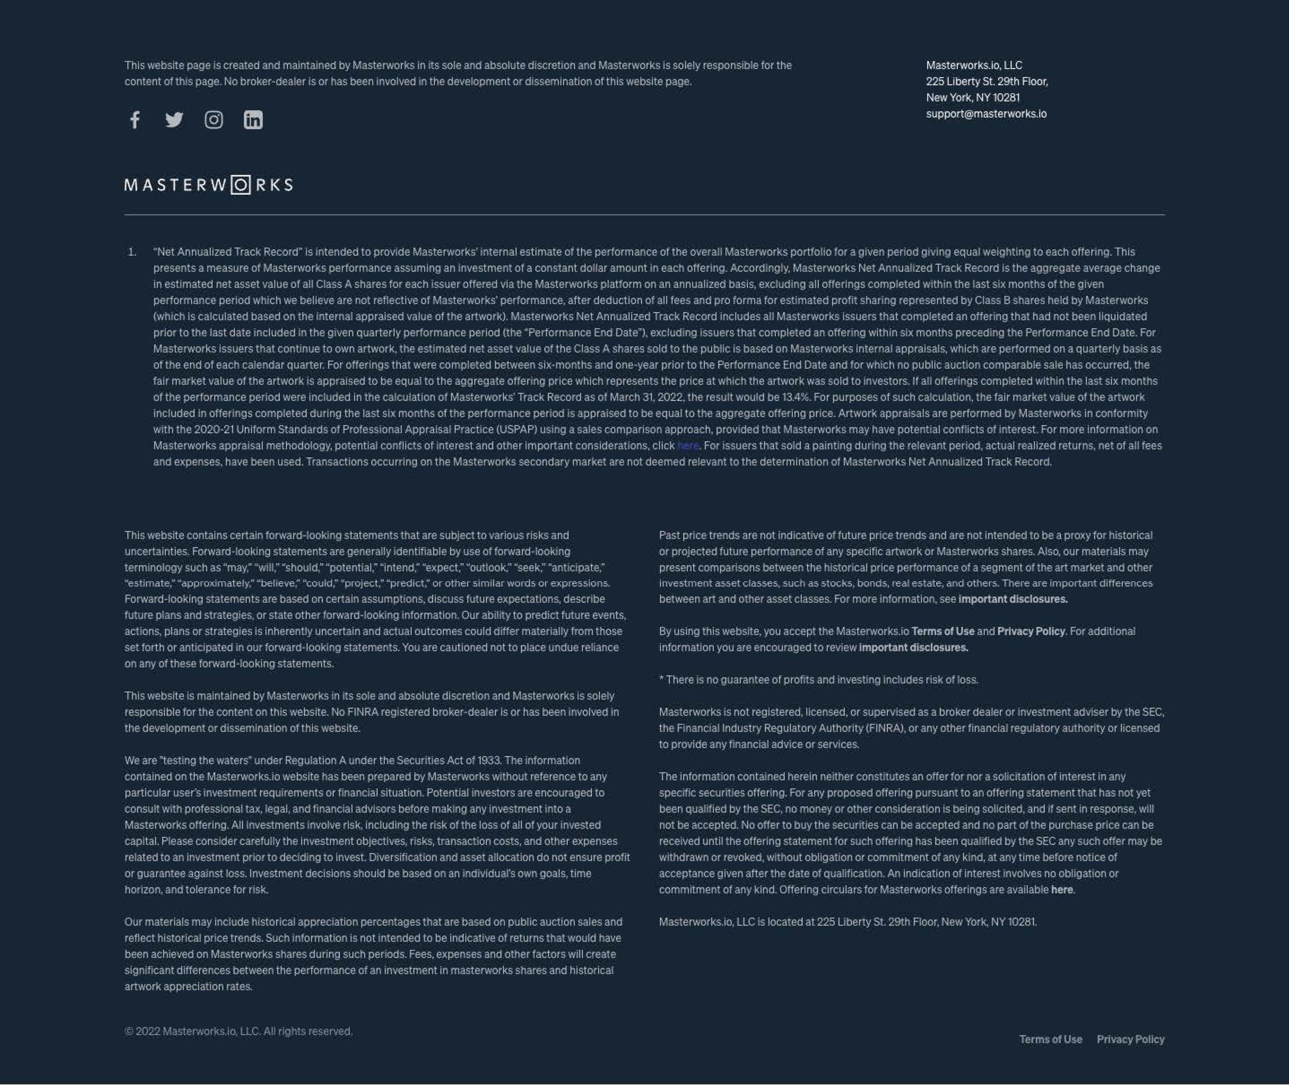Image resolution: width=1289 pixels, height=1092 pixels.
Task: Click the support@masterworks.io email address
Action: click(986, 114)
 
